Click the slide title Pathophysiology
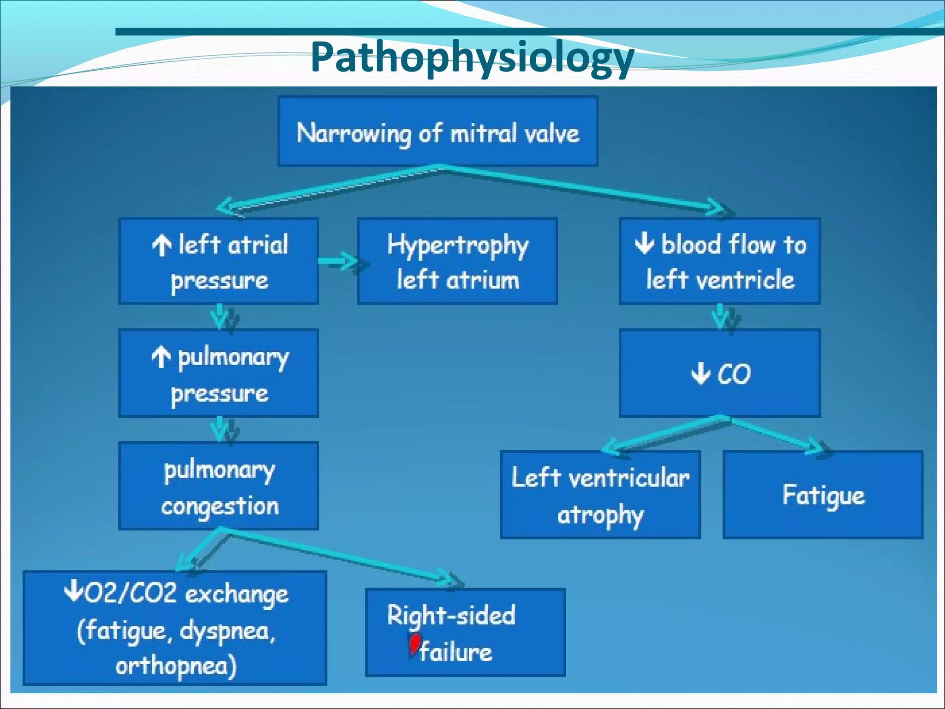472,58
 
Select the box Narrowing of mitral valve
438,132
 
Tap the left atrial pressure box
219,261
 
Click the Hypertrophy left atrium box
457,261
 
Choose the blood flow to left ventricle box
720,261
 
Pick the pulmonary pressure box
219,373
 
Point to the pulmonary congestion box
219,486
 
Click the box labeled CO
720,373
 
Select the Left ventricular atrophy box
600,495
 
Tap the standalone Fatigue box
823,495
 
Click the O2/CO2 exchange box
175,628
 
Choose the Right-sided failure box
465,632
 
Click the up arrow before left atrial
161,245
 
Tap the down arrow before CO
700,373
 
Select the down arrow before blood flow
644,243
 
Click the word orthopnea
175,666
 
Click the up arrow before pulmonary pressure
161,357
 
